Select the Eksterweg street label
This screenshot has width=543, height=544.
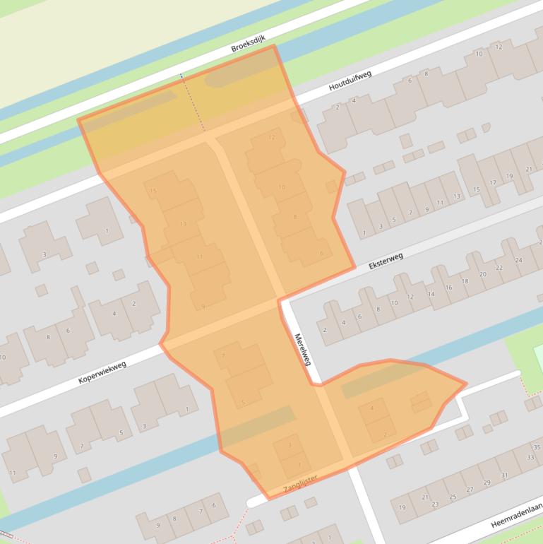[386, 261]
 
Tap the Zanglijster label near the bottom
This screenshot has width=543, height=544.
[300, 483]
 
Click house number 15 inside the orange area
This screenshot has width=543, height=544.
[153, 191]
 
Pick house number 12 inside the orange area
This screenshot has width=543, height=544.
[271, 137]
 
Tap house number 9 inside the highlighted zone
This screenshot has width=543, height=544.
[203, 306]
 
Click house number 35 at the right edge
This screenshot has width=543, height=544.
[537, 447]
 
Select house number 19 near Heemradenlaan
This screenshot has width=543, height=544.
[402, 507]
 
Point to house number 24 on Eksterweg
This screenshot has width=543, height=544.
[518, 261]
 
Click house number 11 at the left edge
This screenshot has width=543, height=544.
[12, 473]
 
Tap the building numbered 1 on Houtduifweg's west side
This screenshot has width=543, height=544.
[107, 230]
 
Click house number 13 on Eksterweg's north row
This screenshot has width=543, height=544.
[456, 196]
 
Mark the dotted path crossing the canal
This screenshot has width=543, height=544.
[191, 102]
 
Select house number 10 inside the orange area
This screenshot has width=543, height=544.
[282, 187]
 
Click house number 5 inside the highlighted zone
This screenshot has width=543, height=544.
[243, 403]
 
